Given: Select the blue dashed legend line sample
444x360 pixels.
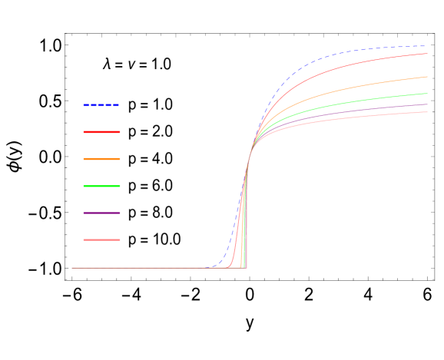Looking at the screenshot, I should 101,105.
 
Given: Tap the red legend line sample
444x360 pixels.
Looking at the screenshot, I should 101,132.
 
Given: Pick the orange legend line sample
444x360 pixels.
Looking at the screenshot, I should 101,159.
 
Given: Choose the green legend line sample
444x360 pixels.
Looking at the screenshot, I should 101,186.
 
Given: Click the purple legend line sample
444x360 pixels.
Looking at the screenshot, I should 101,213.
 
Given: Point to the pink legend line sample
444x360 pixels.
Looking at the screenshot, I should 101,239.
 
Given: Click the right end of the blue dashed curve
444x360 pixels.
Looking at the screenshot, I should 427,46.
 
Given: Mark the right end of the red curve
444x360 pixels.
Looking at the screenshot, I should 427,54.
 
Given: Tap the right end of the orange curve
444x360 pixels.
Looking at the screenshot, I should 427,77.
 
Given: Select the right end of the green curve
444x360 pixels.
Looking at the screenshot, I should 427,94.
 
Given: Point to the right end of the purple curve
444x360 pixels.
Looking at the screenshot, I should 427,104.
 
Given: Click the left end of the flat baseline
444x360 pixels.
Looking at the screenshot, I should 72,268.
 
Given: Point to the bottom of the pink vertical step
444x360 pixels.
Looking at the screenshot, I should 246,267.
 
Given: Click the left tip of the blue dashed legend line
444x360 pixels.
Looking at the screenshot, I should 84,105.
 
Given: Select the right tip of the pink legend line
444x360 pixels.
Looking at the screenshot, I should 120,239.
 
